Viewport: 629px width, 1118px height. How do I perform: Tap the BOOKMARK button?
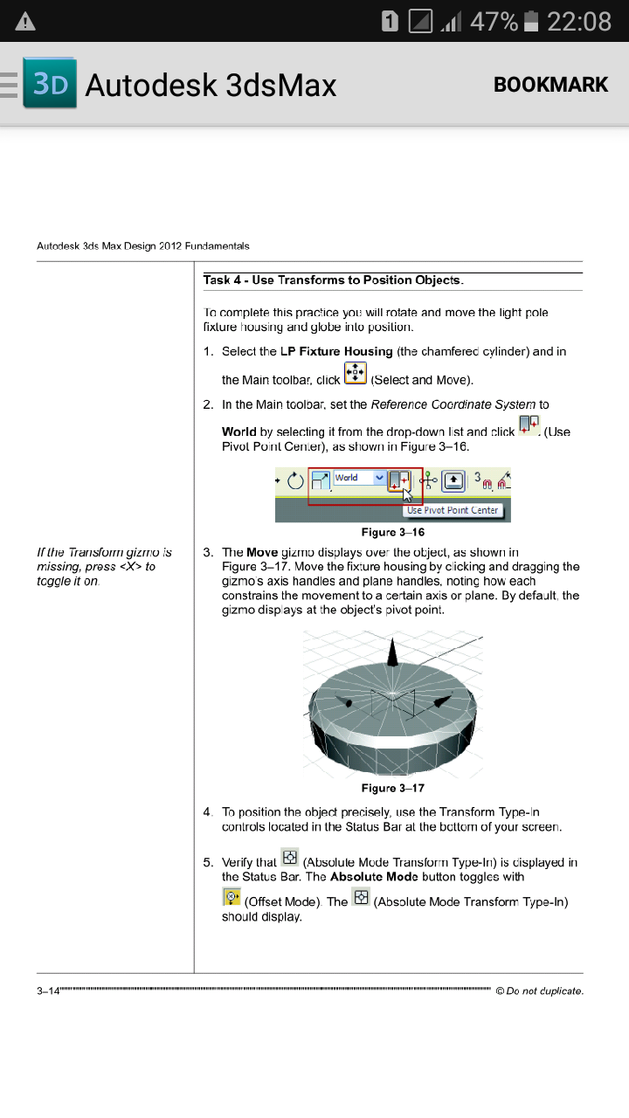(x=550, y=85)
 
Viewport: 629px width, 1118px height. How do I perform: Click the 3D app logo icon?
(x=50, y=84)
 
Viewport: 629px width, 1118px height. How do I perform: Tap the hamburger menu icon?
(x=9, y=85)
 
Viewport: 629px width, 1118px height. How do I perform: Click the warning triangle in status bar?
(x=25, y=22)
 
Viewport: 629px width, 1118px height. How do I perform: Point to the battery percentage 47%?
(x=494, y=22)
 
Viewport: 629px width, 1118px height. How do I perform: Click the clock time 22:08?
(x=578, y=22)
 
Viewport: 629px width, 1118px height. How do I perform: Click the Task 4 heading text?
(x=333, y=280)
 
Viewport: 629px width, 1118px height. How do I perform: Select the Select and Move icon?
(x=356, y=374)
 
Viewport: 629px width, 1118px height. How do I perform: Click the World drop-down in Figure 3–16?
(x=359, y=478)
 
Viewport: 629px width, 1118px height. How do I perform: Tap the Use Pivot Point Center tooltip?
(x=453, y=510)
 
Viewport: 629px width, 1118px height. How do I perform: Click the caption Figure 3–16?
(x=392, y=532)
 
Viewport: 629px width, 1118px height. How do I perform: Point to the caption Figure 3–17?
(x=392, y=788)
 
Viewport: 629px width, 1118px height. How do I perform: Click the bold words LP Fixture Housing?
(x=336, y=351)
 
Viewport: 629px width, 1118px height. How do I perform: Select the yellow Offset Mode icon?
(x=232, y=896)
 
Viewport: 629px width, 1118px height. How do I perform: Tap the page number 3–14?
(x=47, y=990)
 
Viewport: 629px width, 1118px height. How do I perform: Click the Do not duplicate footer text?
(x=539, y=990)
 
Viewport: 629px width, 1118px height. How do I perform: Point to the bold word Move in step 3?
(x=262, y=552)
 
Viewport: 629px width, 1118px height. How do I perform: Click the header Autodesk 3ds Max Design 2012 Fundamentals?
(x=143, y=246)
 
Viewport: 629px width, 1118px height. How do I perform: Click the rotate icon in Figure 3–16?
(x=295, y=480)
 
